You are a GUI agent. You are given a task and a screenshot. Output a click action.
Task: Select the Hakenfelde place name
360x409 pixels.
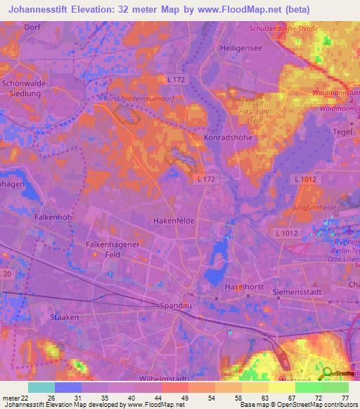coord(174,220)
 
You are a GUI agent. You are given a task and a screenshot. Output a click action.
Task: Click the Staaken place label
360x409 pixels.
coord(64,318)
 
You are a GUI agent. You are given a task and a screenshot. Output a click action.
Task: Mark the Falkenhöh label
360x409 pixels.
coord(53,218)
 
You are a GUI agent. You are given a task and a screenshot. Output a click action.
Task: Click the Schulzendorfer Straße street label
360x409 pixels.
coord(284,29)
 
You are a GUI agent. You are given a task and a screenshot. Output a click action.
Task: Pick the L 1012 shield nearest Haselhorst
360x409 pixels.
coord(287,233)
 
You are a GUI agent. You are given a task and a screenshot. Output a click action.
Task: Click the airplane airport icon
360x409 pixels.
coord(351,230)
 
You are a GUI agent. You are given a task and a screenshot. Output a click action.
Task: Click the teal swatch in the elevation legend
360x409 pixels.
coord(41,387)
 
